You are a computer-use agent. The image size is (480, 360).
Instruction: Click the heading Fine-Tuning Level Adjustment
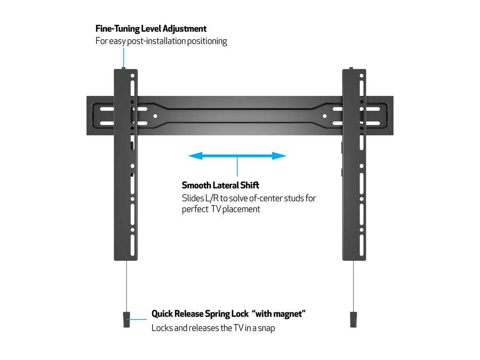151,29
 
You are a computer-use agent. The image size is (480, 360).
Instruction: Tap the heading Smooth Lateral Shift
220,185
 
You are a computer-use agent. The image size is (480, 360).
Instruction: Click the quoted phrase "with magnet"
279,314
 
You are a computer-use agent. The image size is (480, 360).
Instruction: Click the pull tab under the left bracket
126,319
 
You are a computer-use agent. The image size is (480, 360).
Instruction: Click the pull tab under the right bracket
353,319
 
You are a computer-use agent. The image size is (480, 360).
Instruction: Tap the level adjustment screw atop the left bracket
124,68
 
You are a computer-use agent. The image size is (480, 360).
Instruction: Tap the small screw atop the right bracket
351,68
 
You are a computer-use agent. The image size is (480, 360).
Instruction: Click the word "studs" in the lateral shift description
293,198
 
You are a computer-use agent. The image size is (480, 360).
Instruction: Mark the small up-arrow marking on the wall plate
240,101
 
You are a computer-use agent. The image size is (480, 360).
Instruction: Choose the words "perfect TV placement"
221,209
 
